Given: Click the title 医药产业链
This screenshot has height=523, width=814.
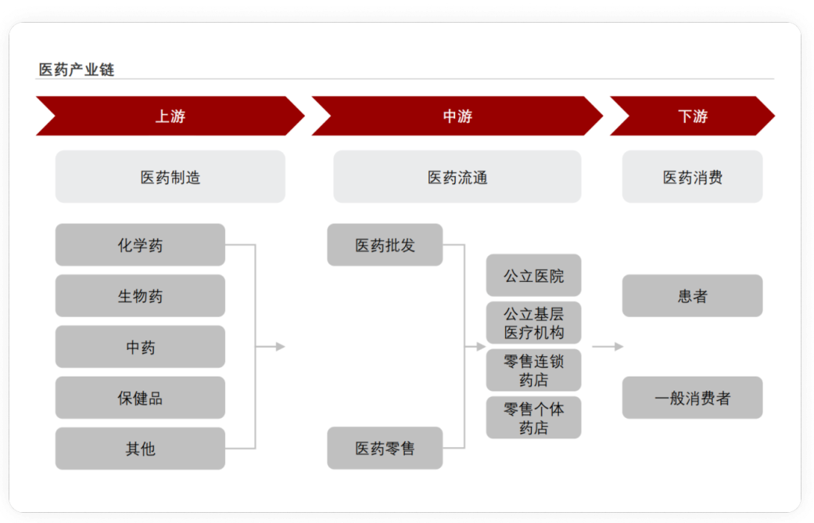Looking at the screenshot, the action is [x=77, y=70].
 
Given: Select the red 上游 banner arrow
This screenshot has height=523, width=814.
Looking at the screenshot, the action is [x=170, y=116].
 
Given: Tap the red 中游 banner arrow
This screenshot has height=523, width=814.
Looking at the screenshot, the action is [x=457, y=116].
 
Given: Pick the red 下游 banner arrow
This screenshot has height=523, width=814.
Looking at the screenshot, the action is [x=693, y=116].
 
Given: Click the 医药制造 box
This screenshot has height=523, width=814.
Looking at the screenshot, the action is [x=170, y=177].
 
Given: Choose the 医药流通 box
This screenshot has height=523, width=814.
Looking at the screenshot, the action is [x=457, y=177].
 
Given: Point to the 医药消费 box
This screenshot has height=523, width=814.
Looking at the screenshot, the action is [x=693, y=177].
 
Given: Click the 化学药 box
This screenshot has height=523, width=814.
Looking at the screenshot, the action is [x=140, y=245].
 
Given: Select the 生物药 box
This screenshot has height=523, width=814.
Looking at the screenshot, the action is [x=140, y=296].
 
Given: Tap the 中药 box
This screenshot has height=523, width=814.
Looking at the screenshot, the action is [x=140, y=347].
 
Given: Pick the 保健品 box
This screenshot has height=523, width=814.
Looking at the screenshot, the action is [x=140, y=398].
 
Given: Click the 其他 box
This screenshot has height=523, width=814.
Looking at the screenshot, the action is [x=140, y=449].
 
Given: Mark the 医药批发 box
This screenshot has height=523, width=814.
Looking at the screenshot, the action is [x=385, y=245].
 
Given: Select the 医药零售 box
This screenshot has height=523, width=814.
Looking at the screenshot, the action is [x=385, y=448].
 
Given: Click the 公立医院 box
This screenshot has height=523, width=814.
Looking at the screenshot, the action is [x=533, y=275].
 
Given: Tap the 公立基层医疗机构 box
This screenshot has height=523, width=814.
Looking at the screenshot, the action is [x=533, y=323].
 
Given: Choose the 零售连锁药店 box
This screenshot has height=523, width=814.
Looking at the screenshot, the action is [x=533, y=370].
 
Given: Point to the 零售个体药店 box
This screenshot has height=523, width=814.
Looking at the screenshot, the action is [x=533, y=417].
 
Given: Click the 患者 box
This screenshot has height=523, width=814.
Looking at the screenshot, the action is [x=693, y=296].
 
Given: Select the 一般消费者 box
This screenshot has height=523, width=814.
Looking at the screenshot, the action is [x=693, y=398].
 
